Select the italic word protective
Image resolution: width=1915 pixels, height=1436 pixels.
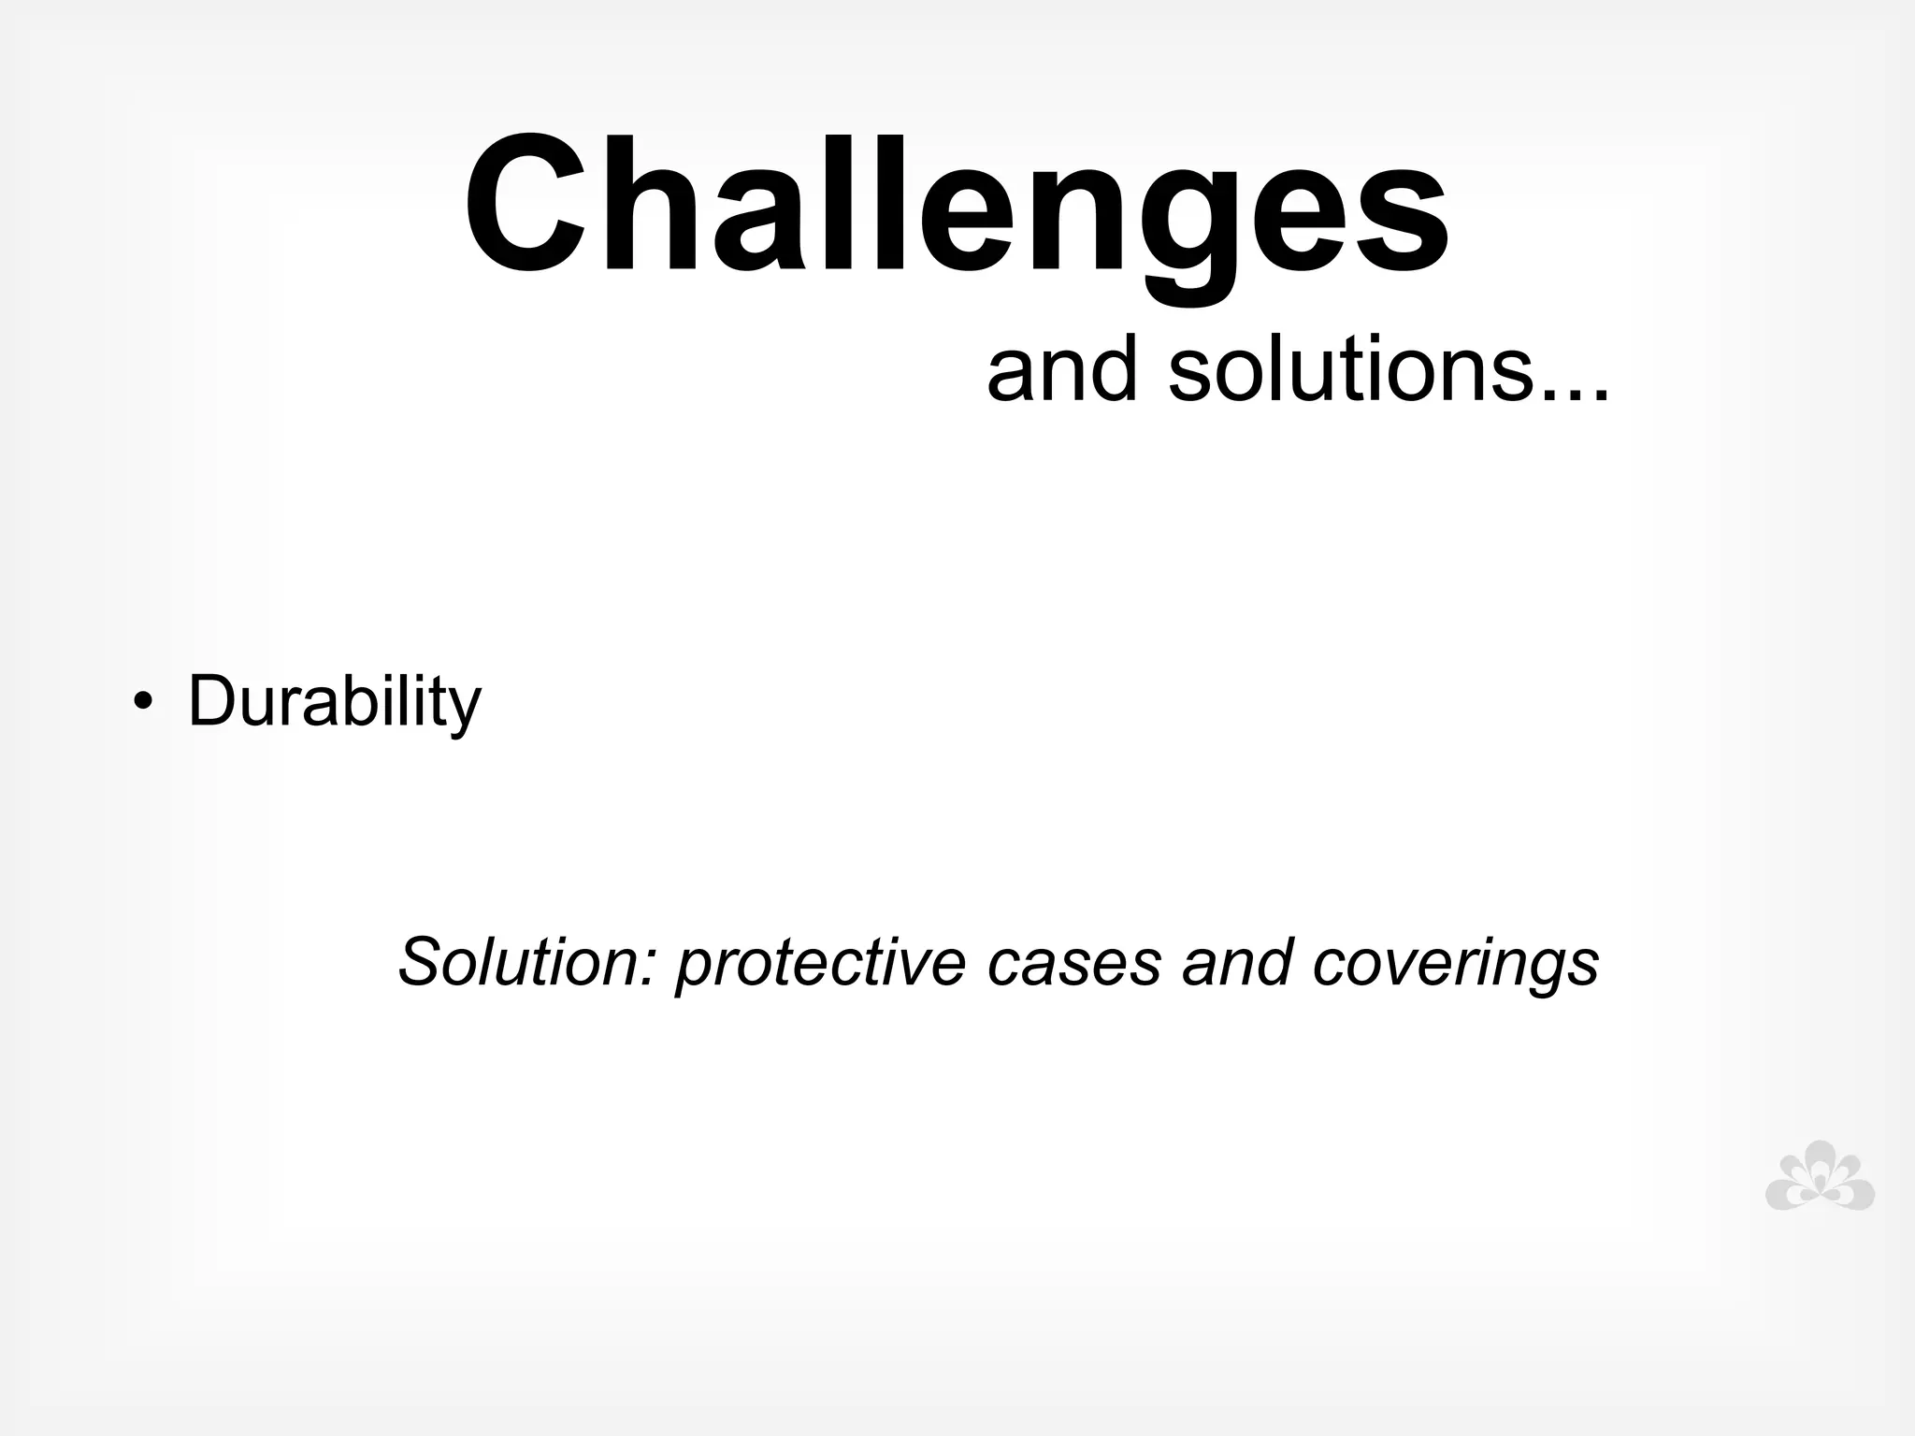coord(820,963)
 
